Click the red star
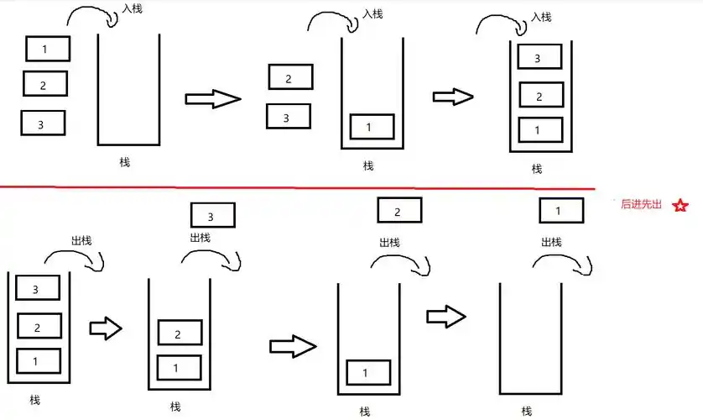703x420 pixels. (x=680, y=205)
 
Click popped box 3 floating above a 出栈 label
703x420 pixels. (x=212, y=216)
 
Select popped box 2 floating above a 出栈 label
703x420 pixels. (x=398, y=211)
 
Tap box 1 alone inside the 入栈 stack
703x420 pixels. (x=370, y=127)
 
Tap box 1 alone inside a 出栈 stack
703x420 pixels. (x=368, y=372)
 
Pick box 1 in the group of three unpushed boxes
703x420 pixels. (x=47, y=49)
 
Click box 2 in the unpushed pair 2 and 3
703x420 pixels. (x=289, y=78)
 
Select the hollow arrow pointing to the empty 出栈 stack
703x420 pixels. (x=445, y=317)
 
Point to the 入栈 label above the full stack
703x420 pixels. (x=542, y=17)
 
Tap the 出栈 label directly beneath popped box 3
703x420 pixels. (x=200, y=238)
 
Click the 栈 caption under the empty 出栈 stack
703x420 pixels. (x=526, y=411)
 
